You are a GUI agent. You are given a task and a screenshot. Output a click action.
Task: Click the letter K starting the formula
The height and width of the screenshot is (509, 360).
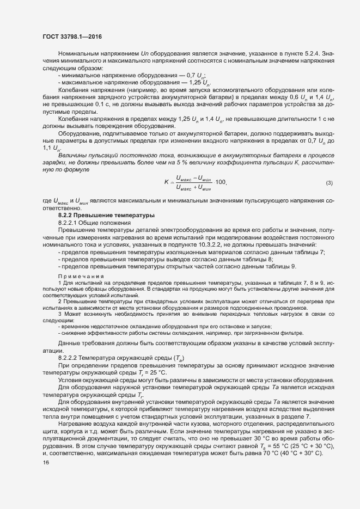166,182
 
